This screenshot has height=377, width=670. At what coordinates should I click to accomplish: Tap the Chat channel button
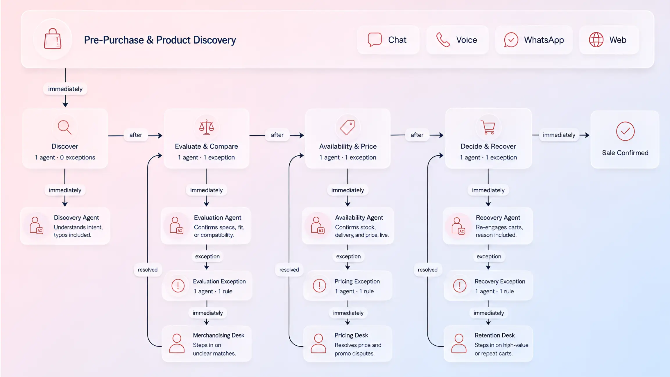pos(388,40)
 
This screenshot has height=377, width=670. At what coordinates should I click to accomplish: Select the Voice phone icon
pos(443,40)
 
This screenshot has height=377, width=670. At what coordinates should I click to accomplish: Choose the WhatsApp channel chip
pos(534,40)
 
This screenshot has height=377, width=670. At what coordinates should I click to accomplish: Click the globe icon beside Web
pos(596,40)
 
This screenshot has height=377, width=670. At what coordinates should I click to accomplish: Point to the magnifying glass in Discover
pos(65,127)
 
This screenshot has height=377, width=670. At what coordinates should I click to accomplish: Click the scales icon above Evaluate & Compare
pos(206,127)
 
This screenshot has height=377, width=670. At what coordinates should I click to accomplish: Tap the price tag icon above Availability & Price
pos(347,127)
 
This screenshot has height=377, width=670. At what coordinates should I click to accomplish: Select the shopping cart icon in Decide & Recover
pos(488,127)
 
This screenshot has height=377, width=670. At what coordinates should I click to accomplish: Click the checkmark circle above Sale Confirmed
pos(625,131)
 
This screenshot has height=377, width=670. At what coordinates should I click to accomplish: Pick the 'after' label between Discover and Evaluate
pos(136,135)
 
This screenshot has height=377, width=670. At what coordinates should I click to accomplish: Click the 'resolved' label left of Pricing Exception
pos(289,270)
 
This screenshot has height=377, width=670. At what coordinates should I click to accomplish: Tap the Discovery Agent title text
pos(76,218)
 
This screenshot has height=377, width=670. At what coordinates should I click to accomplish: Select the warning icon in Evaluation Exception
pos(178,286)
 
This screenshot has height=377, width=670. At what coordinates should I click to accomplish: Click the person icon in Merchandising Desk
pos(177,343)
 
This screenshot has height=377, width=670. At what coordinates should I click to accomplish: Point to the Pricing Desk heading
pos(351,335)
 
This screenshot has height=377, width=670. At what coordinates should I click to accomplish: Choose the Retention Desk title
pos(495,335)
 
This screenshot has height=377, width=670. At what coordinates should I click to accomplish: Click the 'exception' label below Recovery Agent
pos(489,256)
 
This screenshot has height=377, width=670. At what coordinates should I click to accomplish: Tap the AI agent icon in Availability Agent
pos(317,225)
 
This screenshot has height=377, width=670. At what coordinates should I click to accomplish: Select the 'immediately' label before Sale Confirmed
pos(559,135)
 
